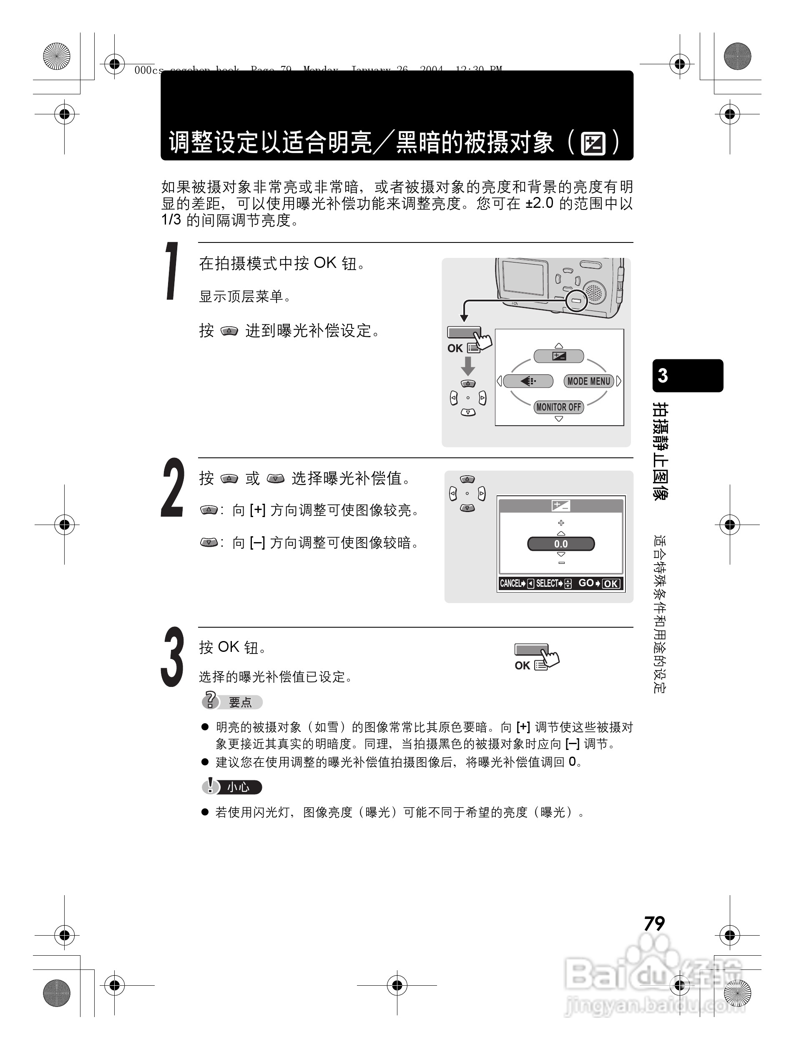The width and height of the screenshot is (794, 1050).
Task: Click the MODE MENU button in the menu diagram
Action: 589,381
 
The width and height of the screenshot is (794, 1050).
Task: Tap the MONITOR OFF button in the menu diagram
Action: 558,407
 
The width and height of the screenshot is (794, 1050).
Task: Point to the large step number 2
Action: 172,488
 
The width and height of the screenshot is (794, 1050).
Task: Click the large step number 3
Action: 172,657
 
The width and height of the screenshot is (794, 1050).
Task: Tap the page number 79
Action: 654,923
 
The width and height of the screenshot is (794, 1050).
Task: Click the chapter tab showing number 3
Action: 687,376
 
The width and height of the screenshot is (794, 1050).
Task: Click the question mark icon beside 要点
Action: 210,701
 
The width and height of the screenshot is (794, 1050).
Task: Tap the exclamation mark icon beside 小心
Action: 210,786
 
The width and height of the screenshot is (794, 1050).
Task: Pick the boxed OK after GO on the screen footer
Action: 611,584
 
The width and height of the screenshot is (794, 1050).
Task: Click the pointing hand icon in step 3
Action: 550,658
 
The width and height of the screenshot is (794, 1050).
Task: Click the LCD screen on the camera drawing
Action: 523,277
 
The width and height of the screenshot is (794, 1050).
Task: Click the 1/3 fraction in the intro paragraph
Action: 171,220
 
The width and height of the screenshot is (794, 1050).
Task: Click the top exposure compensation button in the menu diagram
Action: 559,356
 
